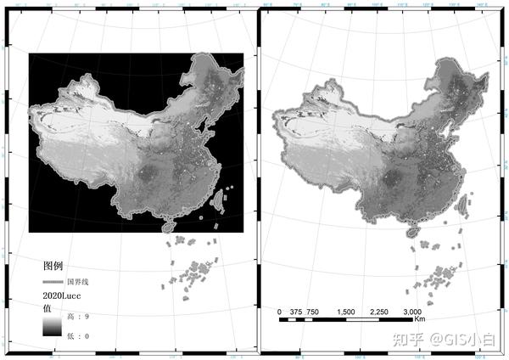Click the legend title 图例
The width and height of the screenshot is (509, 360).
53,266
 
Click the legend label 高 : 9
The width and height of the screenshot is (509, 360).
78,317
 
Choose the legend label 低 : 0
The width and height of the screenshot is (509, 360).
78,337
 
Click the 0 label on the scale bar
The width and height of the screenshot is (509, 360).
280,312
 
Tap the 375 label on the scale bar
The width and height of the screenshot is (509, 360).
296,312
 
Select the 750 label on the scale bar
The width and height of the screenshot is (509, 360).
313,312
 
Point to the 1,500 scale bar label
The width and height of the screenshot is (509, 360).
346,312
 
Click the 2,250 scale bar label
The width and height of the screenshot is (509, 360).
379,312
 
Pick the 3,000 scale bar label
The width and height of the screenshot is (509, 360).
413,312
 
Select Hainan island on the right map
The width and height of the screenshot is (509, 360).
414,229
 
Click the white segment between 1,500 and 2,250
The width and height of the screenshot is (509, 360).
363,319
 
